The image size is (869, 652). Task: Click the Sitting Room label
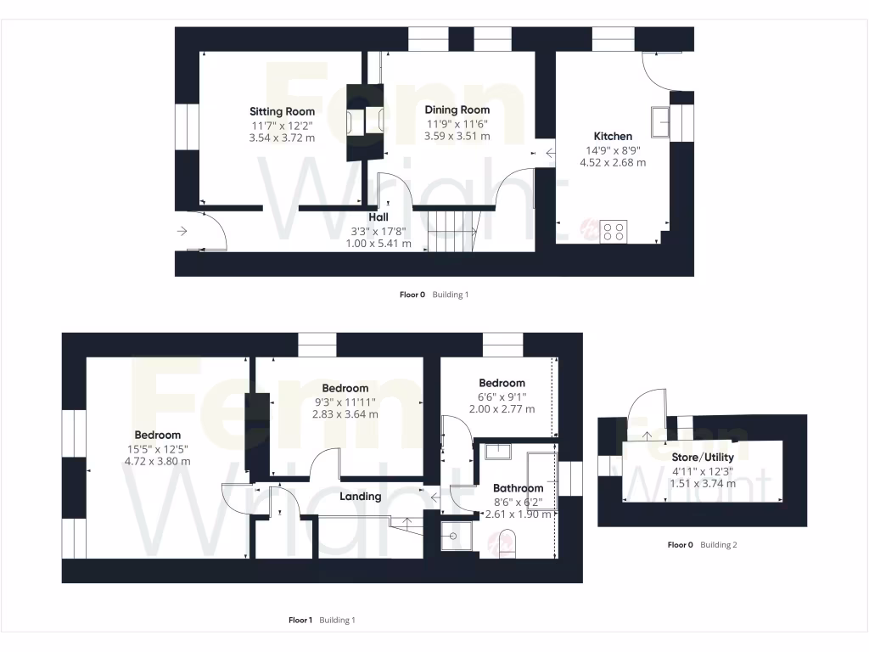[x=282, y=111]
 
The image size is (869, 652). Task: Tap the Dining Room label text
[x=457, y=110]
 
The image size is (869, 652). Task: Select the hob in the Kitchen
[x=614, y=231]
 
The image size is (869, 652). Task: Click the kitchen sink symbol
[x=661, y=121]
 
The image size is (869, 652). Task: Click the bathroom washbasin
[x=498, y=451]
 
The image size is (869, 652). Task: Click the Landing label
[x=361, y=496]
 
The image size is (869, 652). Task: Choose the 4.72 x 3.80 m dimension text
[x=157, y=462]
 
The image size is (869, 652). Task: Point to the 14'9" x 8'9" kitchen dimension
[x=613, y=150]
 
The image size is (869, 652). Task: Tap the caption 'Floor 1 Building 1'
[x=322, y=621]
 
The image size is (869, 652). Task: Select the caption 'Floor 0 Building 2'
[x=702, y=545]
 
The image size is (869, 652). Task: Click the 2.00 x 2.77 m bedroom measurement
[x=502, y=408]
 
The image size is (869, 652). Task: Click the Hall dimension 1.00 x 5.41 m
[x=378, y=244]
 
